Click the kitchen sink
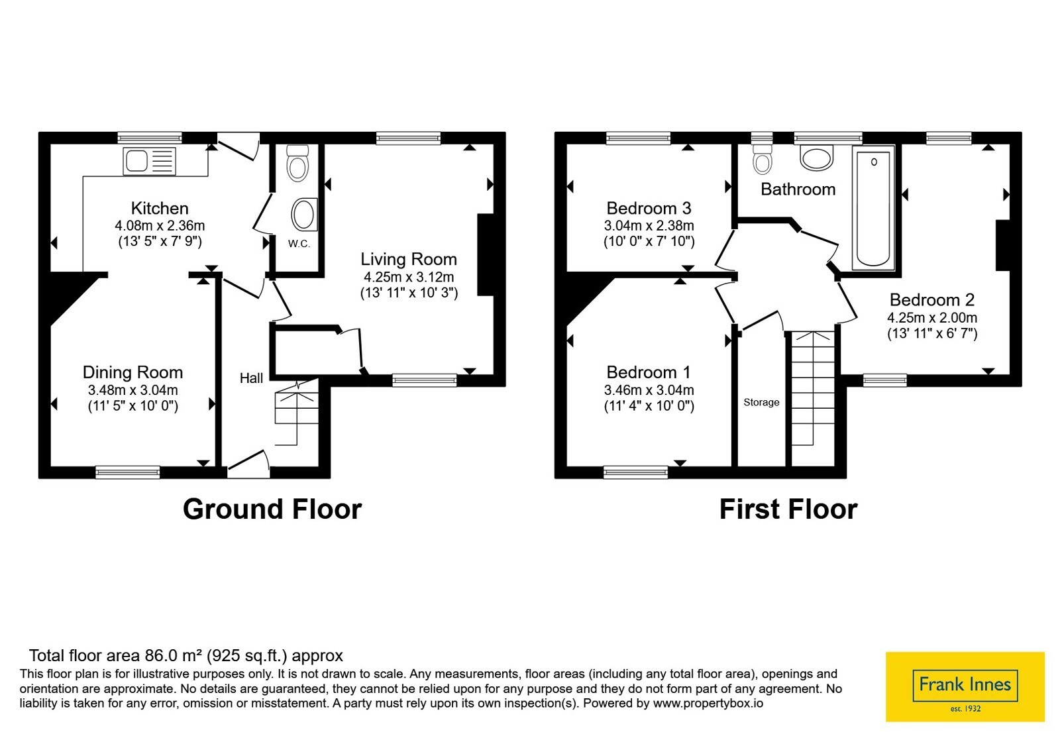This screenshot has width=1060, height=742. (x=150, y=161)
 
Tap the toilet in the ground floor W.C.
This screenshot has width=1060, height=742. (x=297, y=163)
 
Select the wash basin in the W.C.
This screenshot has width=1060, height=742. (x=304, y=215)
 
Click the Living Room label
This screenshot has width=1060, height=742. (x=409, y=259)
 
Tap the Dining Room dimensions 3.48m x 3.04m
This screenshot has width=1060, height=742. (x=133, y=390)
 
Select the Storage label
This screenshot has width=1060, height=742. (x=761, y=402)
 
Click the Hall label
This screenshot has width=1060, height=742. (x=251, y=378)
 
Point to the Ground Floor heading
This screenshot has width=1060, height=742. (x=272, y=509)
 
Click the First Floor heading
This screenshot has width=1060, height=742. (x=788, y=509)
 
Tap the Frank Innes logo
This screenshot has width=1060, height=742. (x=965, y=686)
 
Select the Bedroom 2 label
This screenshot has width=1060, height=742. (x=932, y=300)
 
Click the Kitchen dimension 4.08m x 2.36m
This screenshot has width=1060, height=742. (x=160, y=226)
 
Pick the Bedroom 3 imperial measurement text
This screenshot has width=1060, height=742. (x=649, y=242)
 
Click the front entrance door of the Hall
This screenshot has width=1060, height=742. (x=248, y=464)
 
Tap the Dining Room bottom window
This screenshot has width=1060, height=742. (x=128, y=472)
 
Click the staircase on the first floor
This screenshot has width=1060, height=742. (x=814, y=388)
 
